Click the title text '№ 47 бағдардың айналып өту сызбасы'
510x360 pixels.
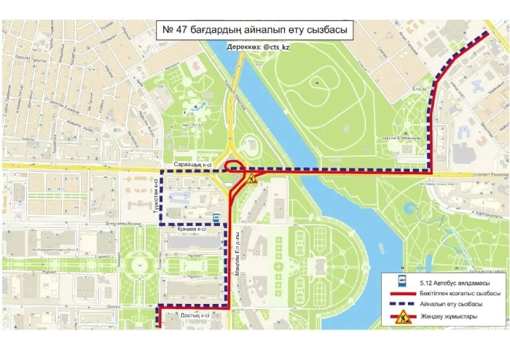254,31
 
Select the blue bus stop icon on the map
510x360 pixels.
216,216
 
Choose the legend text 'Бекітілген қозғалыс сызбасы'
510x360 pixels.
460,293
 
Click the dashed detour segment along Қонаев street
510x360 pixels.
193,224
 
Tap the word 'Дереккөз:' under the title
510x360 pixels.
244,47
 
